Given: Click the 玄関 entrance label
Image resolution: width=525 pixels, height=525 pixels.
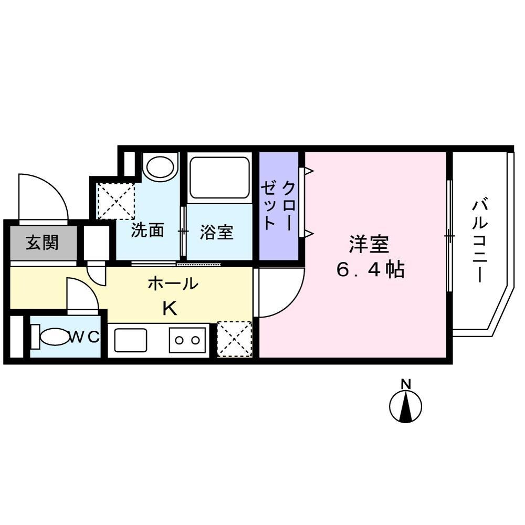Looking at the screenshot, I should (43, 244).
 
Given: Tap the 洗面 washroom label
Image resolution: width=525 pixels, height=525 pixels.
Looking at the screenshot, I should (148, 231).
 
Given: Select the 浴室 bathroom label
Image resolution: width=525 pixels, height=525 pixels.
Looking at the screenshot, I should (216, 232).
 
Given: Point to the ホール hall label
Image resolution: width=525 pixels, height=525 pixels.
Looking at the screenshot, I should (173, 284).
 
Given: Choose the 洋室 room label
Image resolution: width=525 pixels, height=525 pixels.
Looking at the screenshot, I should (369, 245).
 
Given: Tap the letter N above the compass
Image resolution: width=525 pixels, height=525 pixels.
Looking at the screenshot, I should (405, 383).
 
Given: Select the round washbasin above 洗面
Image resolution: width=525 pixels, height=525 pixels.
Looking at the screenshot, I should (160, 167).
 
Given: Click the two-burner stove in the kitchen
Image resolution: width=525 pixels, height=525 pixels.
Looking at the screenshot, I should (187, 340).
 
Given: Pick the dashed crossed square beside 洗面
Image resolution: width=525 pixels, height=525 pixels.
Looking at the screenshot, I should (116, 201).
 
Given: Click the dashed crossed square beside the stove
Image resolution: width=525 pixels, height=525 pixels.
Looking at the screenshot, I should (234, 339).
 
